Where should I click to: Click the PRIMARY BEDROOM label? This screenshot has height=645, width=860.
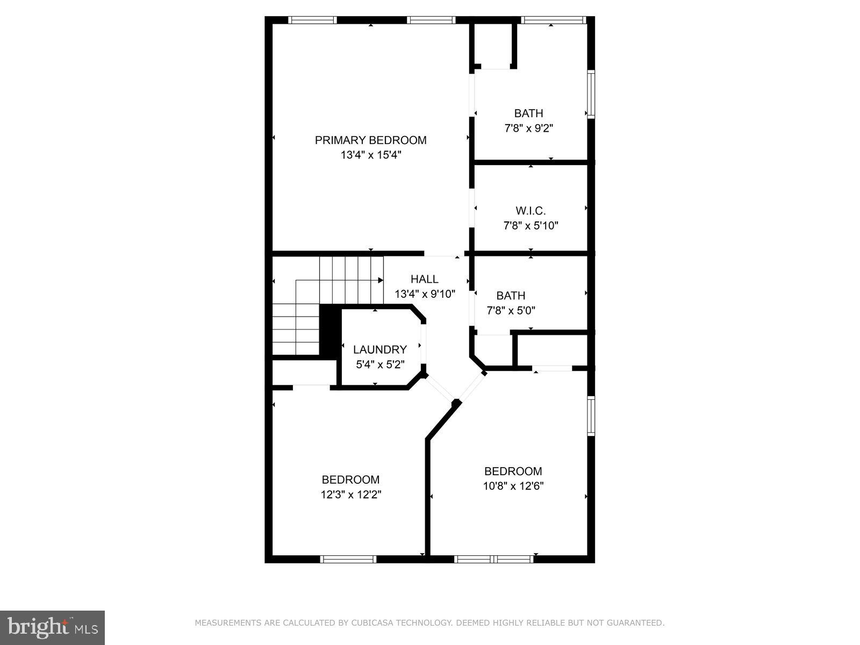pos(370,140)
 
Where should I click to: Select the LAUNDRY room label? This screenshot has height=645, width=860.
pos(379,349)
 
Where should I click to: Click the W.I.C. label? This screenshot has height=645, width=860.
pos(531,211)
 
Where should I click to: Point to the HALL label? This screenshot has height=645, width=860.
pos(424,279)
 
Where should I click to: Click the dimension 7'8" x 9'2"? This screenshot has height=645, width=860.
pos(528,128)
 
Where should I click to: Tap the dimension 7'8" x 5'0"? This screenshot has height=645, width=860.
pos(511,310)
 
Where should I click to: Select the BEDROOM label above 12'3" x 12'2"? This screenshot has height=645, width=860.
pos(350,479)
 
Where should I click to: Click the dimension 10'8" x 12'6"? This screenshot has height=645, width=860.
pos(513,486)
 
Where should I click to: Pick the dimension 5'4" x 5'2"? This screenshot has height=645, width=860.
pos(379,364)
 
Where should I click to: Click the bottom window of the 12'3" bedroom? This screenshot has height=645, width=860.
pos(348,559)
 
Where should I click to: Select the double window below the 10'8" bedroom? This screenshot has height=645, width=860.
pos(493,559)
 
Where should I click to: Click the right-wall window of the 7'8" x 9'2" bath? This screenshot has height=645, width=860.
pos(591,94)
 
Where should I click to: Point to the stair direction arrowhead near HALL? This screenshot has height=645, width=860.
pos(381,280)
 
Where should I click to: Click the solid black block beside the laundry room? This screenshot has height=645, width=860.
pos(328,330)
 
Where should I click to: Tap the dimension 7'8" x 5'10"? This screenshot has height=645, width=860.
pos(531,226)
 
